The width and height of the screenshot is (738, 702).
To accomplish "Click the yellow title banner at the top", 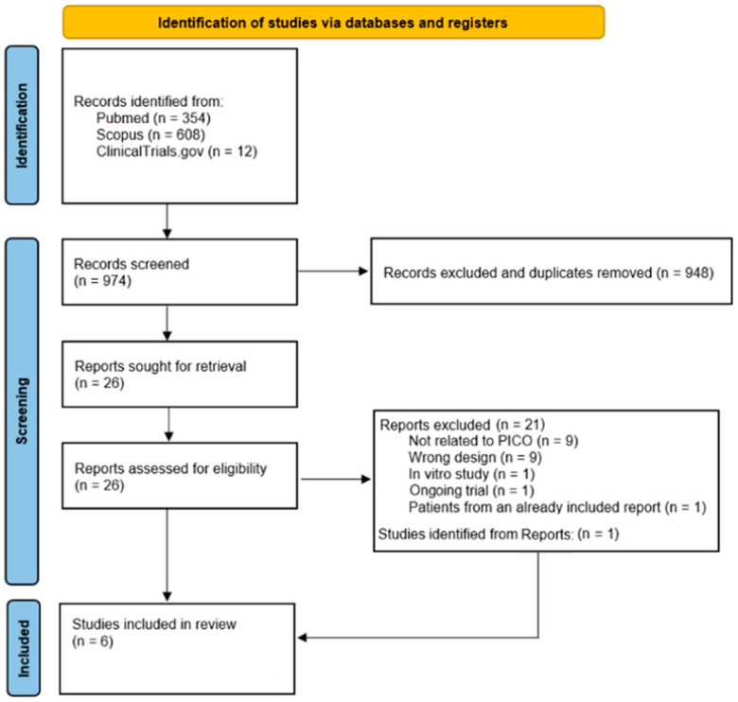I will click(x=333, y=21).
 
